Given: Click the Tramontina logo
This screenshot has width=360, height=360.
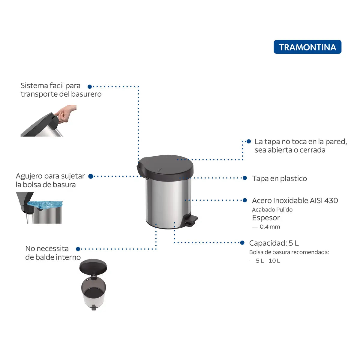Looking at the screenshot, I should [307, 47].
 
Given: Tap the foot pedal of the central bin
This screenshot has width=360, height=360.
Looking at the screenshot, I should [191, 220].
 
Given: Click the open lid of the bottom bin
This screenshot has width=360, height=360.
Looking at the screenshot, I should [93, 266].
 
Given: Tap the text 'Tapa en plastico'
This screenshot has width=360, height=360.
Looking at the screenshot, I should [279, 178].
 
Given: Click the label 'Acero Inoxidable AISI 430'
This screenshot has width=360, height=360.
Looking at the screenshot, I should [295, 200].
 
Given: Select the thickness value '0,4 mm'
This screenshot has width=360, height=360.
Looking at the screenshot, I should [270, 227].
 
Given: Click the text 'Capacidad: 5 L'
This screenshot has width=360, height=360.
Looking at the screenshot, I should [274, 243].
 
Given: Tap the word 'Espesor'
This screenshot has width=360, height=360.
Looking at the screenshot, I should [266, 218].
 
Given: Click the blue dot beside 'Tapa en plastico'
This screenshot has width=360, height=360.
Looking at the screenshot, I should [245, 178].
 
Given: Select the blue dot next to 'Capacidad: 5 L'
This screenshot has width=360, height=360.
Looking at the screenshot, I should [242, 243].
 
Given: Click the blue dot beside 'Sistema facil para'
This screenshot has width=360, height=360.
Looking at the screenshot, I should [89, 87].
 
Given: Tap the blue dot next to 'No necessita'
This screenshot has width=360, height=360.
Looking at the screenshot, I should [78, 249].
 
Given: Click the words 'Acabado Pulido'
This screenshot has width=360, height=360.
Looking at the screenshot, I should [272, 210].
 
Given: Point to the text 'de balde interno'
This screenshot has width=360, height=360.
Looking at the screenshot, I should [53, 257].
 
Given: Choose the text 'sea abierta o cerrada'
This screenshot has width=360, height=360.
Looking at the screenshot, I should [290, 150].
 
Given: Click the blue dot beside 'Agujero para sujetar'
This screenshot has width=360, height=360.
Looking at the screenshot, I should [91, 176].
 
